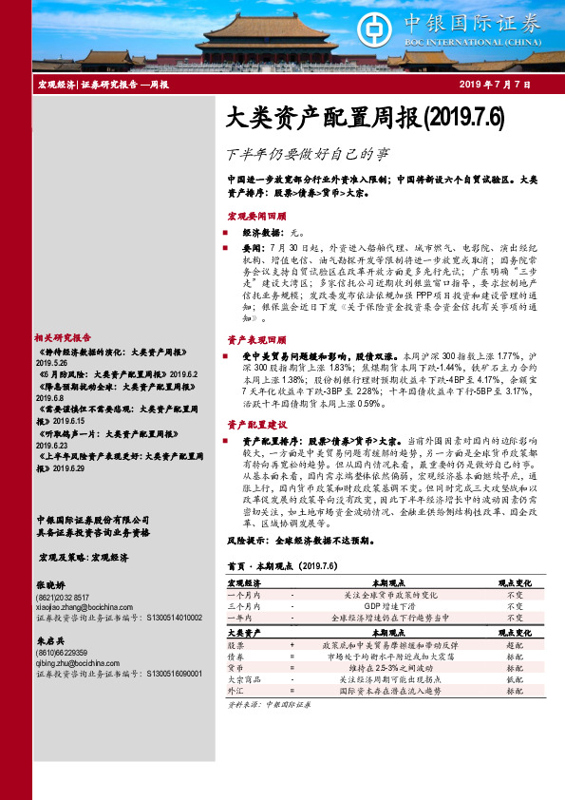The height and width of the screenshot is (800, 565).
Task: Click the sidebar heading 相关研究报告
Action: tap(63, 337)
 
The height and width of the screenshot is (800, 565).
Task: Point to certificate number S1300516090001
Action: tap(170, 672)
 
